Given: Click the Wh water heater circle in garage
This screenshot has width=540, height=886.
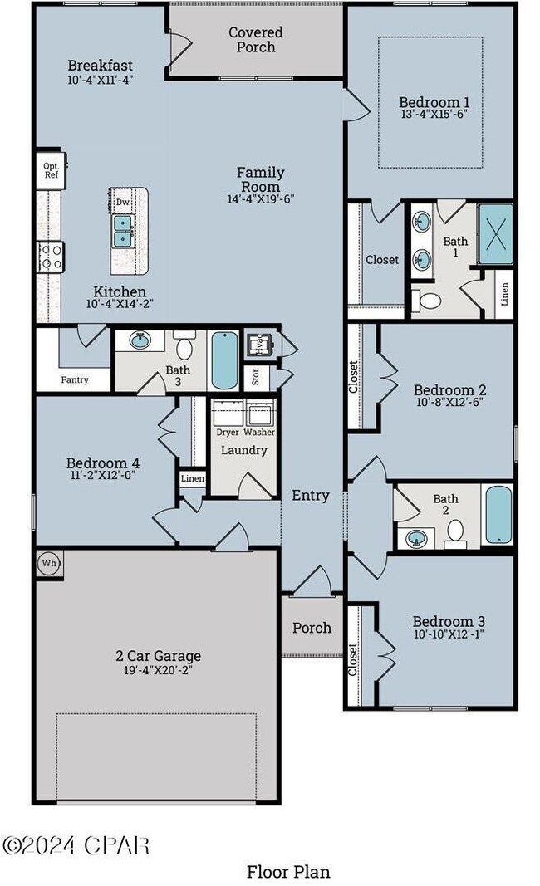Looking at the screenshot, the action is pyautogui.click(x=49, y=563).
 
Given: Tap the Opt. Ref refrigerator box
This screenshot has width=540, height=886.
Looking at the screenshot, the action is pyautogui.click(x=51, y=170).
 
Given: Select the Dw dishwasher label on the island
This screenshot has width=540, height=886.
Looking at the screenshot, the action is pyautogui.click(x=123, y=202).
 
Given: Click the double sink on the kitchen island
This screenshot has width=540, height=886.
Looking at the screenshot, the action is pyautogui.click(x=123, y=231).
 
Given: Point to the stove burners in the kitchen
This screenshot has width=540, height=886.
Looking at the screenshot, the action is pyautogui.click(x=51, y=257).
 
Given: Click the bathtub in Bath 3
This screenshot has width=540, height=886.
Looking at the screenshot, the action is pyautogui.click(x=224, y=360).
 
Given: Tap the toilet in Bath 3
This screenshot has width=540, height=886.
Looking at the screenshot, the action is pyautogui.click(x=184, y=345).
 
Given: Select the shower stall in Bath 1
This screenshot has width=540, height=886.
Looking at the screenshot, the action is pyautogui.click(x=495, y=233).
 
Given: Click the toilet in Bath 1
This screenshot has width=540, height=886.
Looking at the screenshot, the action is pyautogui.click(x=426, y=300).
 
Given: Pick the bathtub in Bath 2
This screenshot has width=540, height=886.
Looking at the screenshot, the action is pyautogui.click(x=498, y=515).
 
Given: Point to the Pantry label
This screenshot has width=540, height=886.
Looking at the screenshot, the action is pyautogui.click(x=75, y=379).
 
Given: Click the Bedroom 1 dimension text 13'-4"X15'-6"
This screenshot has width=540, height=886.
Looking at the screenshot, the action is pyautogui.click(x=434, y=114).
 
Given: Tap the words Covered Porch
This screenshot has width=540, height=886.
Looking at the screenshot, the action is pyautogui.click(x=256, y=40).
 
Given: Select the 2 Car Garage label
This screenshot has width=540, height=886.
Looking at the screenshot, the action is pyautogui.click(x=159, y=655).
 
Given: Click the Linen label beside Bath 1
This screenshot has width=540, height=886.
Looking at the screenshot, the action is pyautogui.click(x=505, y=294).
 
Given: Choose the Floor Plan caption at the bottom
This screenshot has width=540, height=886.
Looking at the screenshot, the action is pyautogui.click(x=288, y=872).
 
